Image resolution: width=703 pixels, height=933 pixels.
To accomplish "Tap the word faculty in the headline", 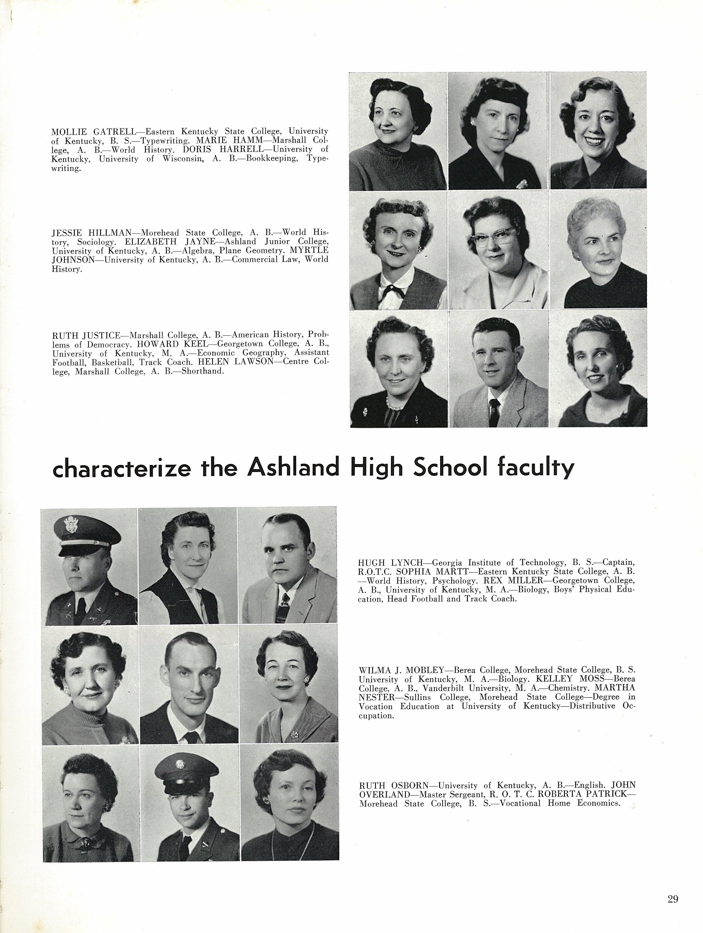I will [536, 468].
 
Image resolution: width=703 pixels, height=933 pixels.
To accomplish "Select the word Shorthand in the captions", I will [202, 372].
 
